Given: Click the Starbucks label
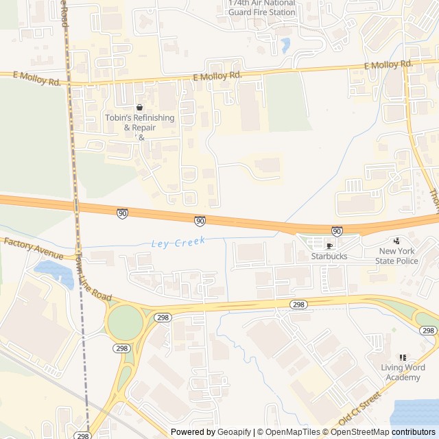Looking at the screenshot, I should tap(329, 256).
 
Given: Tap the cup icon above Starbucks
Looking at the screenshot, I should tap(329, 246).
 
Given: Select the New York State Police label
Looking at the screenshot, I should tap(397, 256).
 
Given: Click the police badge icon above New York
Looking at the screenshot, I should tap(396, 241).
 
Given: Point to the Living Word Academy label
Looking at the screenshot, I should tap(403, 372).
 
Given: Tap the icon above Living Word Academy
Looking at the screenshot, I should tap(403, 357).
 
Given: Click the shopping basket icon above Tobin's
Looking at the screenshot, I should tap(140, 108).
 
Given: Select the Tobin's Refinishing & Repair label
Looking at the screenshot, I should tap(140, 123).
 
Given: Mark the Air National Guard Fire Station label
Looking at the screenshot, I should tap(261, 8).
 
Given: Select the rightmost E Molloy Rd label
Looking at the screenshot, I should tap(388, 65).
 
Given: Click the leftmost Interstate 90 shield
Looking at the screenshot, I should tap(122, 214).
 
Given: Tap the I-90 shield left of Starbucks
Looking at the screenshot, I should tap(337, 231).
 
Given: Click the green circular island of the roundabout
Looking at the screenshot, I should tap(124, 322).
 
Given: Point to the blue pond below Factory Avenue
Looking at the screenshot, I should tap(54, 272).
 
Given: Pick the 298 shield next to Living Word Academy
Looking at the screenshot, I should tap(428, 331).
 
